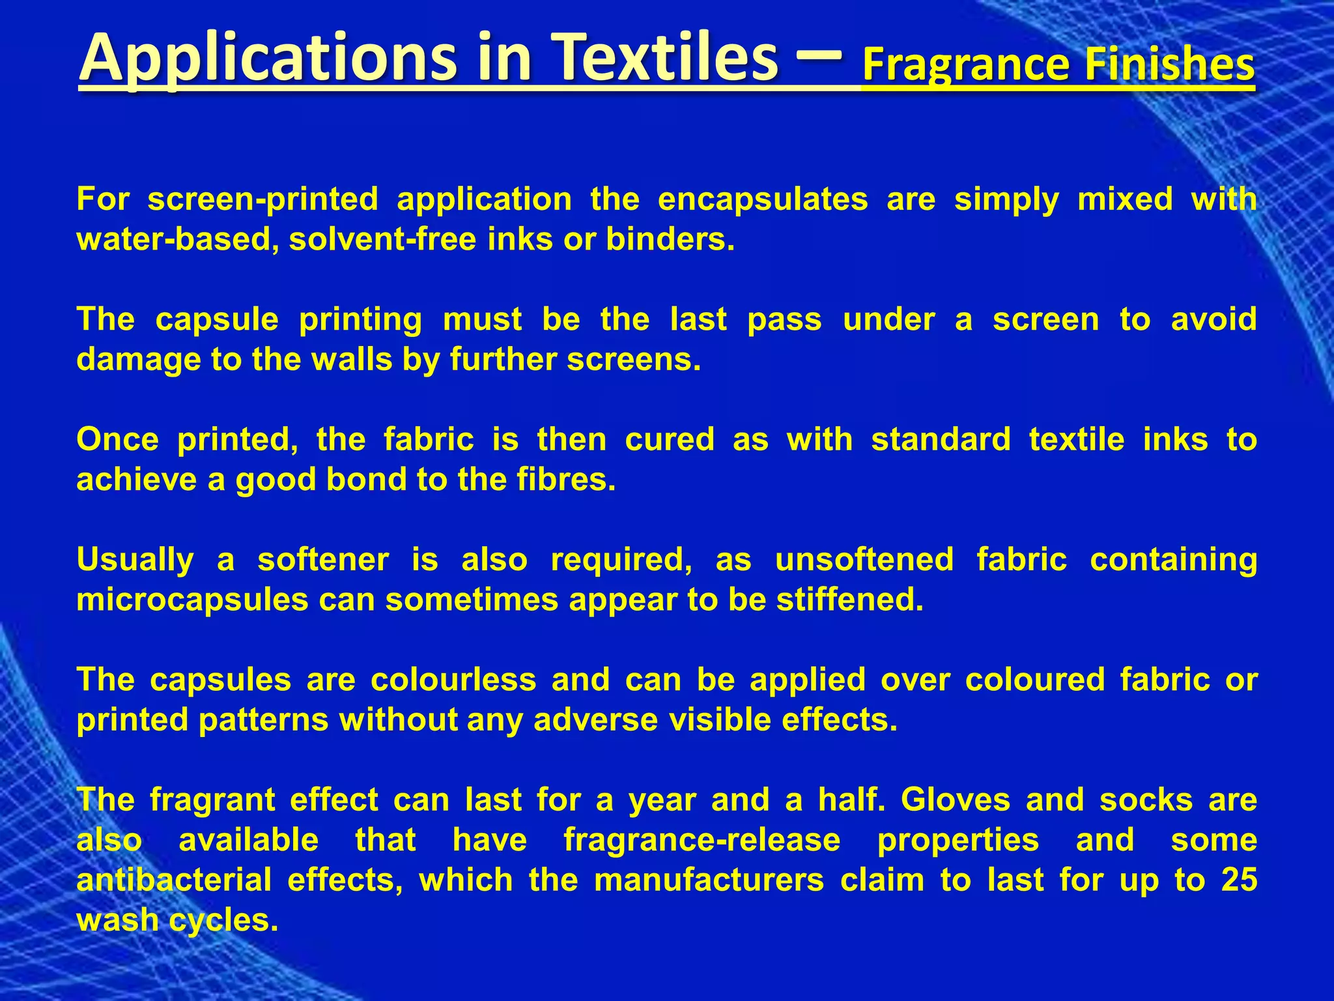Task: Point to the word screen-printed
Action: pyautogui.click(x=263, y=199)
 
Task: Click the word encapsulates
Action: pyautogui.click(x=763, y=199)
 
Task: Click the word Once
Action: pyautogui.click(x=117, y=439)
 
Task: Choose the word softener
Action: pyautogui.click(x=323, y=559)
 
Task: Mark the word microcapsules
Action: pyautogui.click(x=192, y=600)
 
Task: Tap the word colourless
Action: pyautogui.click(x=453, y=680)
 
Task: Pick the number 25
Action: pyautogui.click(x=1239, y=880)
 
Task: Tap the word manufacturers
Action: pyautogui.click(x=709, y=880)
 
